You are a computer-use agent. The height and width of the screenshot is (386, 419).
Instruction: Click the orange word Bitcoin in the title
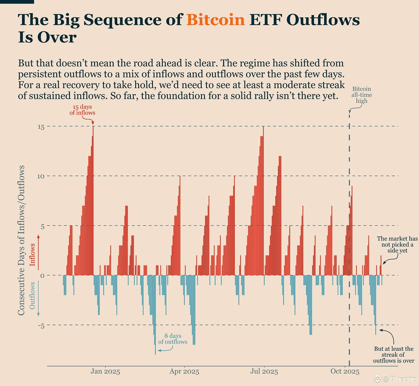[x=215, y=20]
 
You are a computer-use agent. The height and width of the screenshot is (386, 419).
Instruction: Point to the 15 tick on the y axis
[x=41, y=127]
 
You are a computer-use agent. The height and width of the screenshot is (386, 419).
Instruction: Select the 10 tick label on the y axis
[x=41, y=176]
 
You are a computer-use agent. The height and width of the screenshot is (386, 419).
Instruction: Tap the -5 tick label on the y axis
[x=41, y=326]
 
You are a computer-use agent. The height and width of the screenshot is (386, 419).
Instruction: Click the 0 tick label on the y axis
[x=42, y=276]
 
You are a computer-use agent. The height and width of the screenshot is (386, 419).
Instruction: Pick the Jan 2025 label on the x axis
[x=105, y=372]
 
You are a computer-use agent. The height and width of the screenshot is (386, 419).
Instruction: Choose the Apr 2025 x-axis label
[x=184, y=372]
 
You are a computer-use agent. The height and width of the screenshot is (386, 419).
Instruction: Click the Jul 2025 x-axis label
[x=264, y=372]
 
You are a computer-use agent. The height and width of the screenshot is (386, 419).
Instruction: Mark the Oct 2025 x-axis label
[x=345, y=372]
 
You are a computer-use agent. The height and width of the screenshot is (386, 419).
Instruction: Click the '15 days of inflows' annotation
[x=82, y=110]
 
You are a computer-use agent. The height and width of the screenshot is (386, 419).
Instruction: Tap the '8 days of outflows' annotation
[x=173, y=339]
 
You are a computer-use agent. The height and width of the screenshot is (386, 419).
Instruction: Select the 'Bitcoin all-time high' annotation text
[x=362, y=95]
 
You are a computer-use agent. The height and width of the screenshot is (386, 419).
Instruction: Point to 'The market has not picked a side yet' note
[x=397, y=245]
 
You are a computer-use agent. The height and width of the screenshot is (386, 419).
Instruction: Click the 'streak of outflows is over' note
[x=393, y=355]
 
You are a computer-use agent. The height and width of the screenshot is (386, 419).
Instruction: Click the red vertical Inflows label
[x=32, y=254]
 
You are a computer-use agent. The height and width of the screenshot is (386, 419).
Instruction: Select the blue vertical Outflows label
[x=32, y=295]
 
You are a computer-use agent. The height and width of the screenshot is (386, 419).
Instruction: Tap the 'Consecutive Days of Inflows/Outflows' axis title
[x=21, y=240]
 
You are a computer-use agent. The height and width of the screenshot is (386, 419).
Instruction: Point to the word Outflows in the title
[x=323, y=20]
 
